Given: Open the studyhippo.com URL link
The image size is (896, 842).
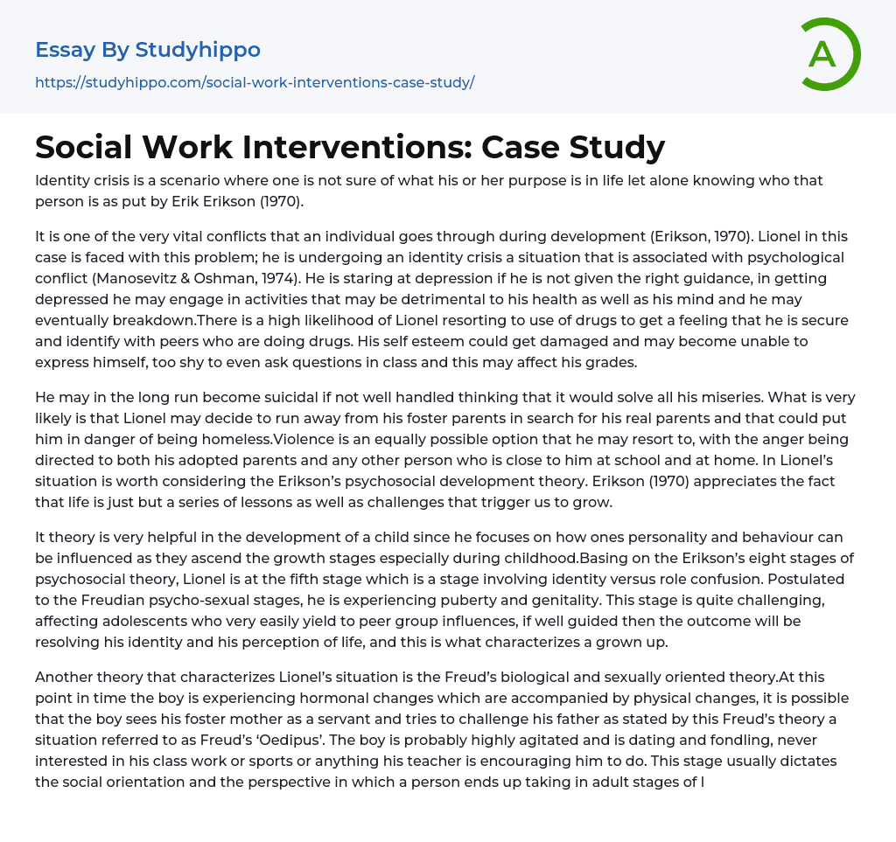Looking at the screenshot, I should pos(255,83).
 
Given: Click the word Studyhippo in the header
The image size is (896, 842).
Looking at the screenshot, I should pos(198,50).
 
